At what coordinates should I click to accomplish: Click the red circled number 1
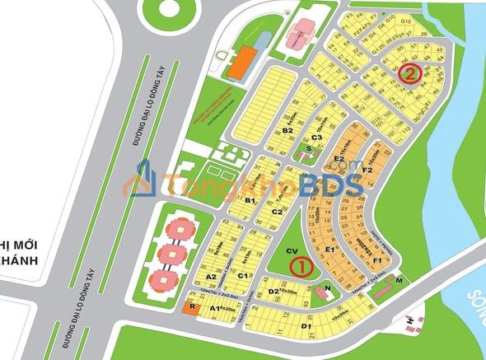(300, 267)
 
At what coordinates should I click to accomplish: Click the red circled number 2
(409, 73)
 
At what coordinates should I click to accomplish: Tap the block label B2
(287, 130)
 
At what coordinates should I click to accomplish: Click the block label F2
(367, 171)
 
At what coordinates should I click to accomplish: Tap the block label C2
(278, 212)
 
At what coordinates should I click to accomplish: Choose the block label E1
(329, 249)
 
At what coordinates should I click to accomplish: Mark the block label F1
(376, 260)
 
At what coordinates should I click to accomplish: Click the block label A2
(211, 276)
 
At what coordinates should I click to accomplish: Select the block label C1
(242, 274)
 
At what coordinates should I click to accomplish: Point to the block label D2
(273, 291)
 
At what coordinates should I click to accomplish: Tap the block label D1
(305, 327)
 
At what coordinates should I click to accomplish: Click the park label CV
(291, 250)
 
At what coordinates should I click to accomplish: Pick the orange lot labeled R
(191, 306)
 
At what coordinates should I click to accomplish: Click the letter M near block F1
(399, 281)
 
